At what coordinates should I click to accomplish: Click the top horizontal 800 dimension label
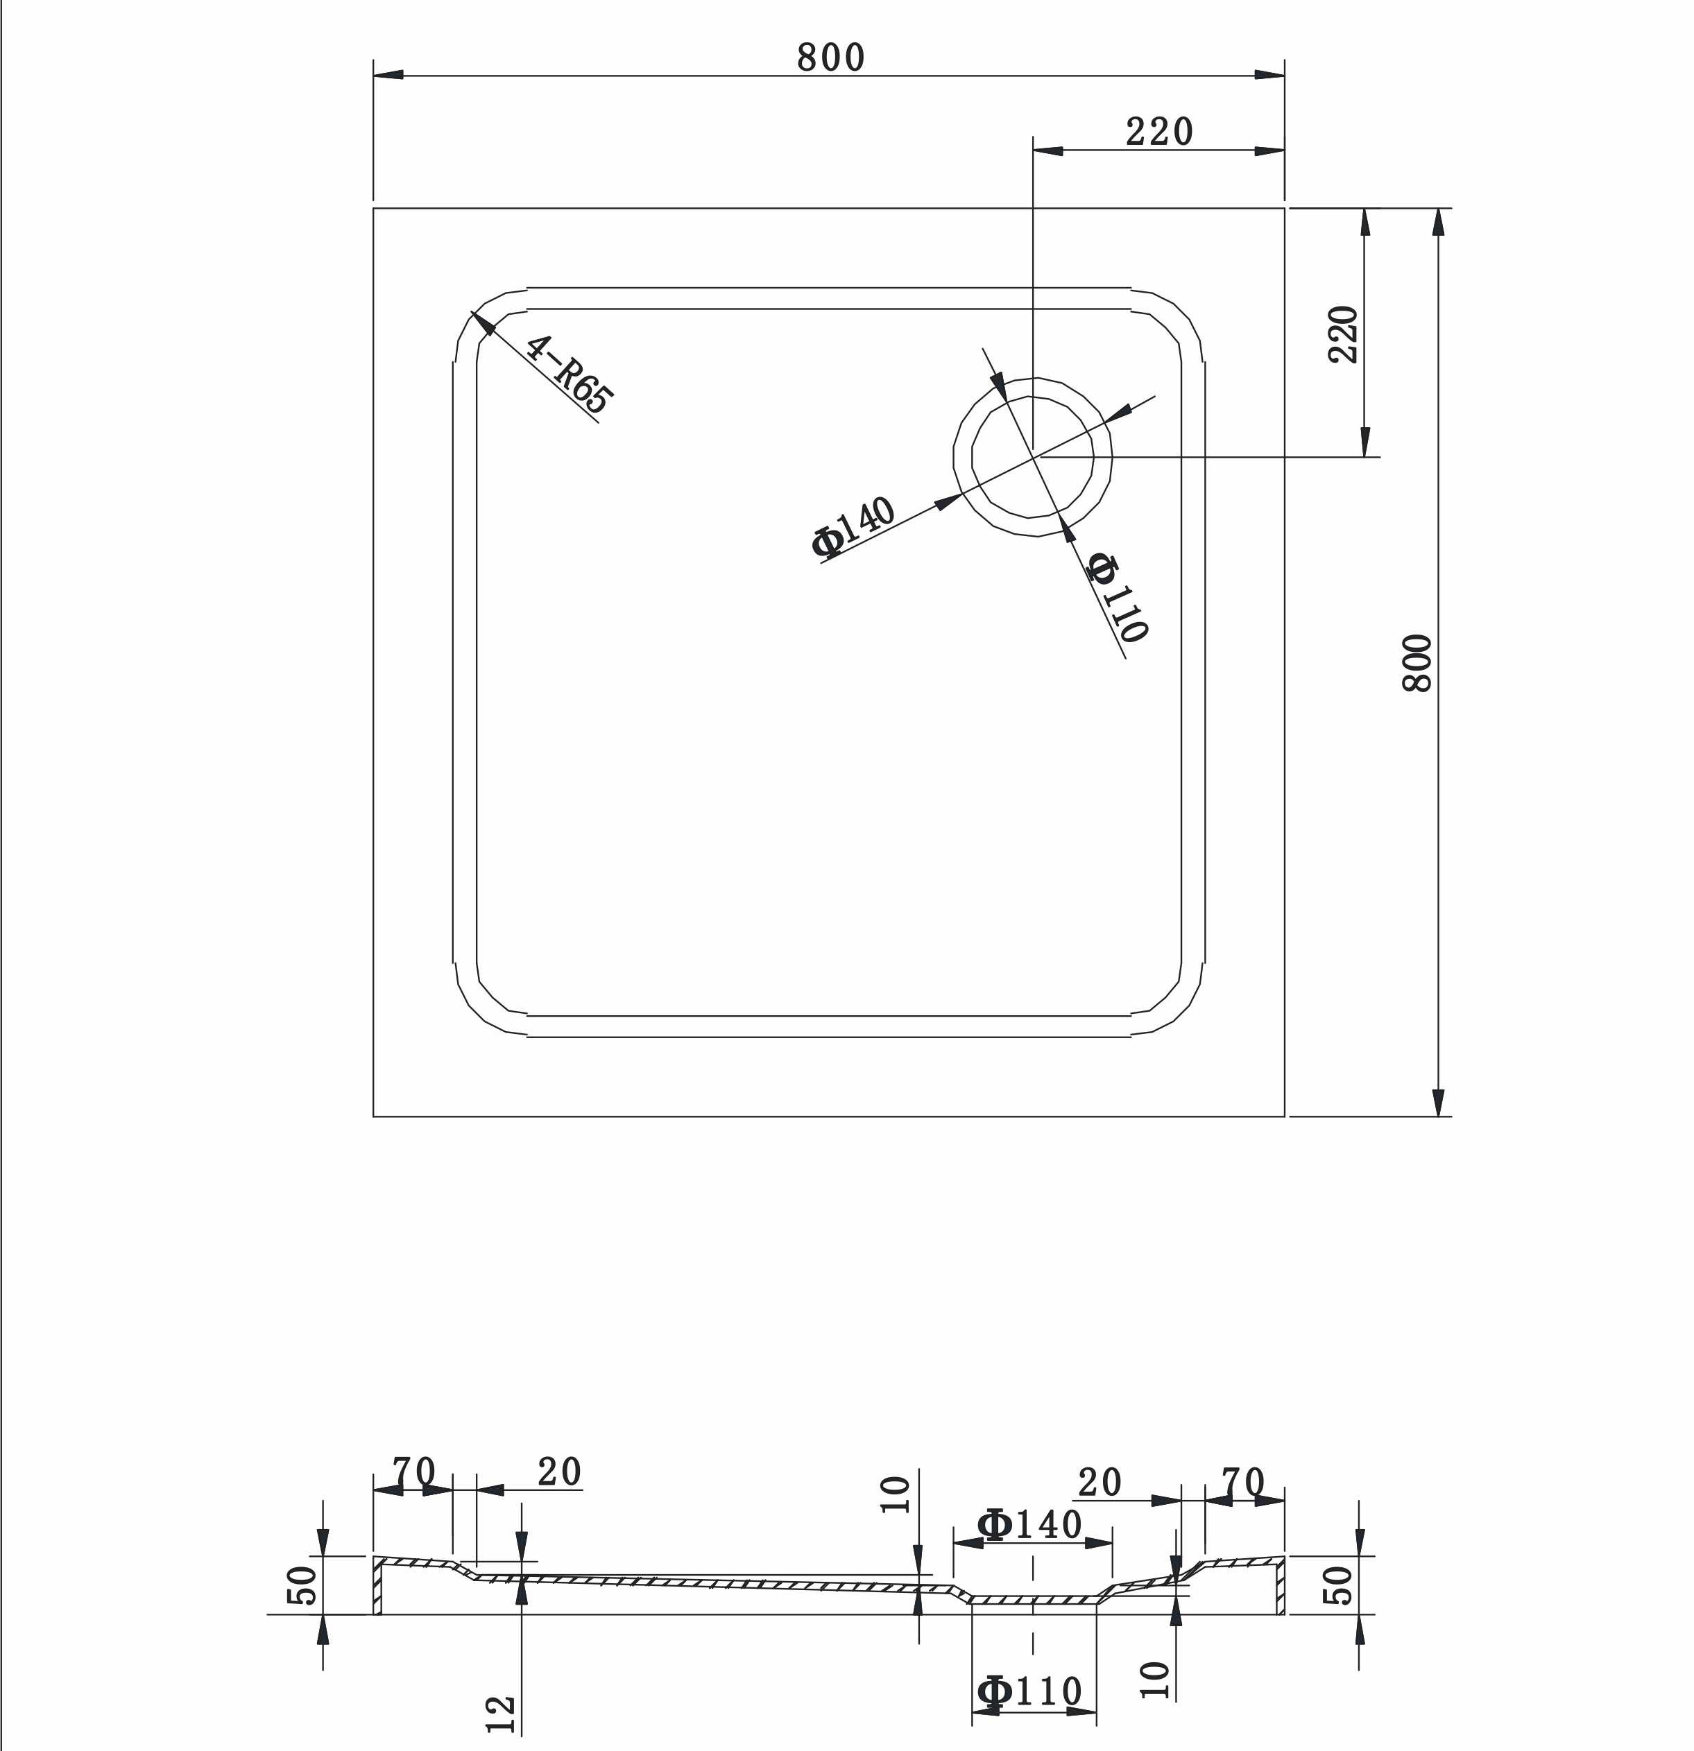830,57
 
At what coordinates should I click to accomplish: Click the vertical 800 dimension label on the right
1417,663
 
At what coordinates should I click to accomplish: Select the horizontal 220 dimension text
1159,132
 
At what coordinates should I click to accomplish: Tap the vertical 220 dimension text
1343,334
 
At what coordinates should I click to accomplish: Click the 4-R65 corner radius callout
569,373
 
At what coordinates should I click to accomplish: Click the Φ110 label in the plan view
1117,596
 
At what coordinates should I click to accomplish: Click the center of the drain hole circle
1033,456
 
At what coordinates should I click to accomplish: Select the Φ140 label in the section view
1030,1525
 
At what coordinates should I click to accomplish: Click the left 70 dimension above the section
413,1469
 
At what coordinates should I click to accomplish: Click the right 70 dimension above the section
1243,1481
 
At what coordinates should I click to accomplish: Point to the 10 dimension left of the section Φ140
896,1494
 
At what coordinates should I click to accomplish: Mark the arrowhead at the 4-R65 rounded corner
484,322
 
